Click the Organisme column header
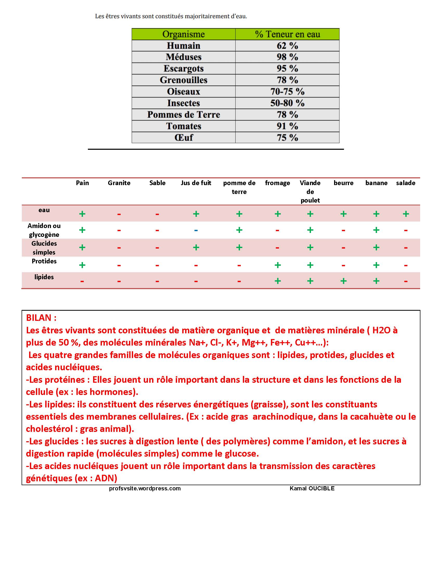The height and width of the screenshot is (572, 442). [x=183, y=34]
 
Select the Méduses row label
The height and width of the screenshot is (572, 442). [x=183, y=57]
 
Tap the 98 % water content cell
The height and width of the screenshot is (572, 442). [x=287, y=57]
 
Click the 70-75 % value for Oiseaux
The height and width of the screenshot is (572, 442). [x=287, y=92]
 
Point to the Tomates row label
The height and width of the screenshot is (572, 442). [x=183, y=126]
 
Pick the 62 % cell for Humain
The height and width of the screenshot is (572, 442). [x=287, y=45]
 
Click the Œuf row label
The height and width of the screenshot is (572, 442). [x=183, y=138]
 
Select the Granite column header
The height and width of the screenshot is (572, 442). [x=119, y=183]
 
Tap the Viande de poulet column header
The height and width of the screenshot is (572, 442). [x=310, y=191]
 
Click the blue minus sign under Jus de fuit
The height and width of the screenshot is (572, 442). [x=196, y=230]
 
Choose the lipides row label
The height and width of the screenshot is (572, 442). [x=44, y=277]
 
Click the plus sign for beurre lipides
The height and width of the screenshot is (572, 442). [x=343, y=281]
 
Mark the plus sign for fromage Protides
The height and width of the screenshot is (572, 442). [x=278, y=265]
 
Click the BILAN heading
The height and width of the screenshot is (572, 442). [x=41, y=318]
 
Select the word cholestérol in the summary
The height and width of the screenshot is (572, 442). [x=49, y=429]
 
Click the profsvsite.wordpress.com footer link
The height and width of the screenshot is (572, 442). [x=145, y=489]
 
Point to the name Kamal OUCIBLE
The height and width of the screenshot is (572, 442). [x=312, y=489]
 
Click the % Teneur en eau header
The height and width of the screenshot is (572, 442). [x=287, y=34]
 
